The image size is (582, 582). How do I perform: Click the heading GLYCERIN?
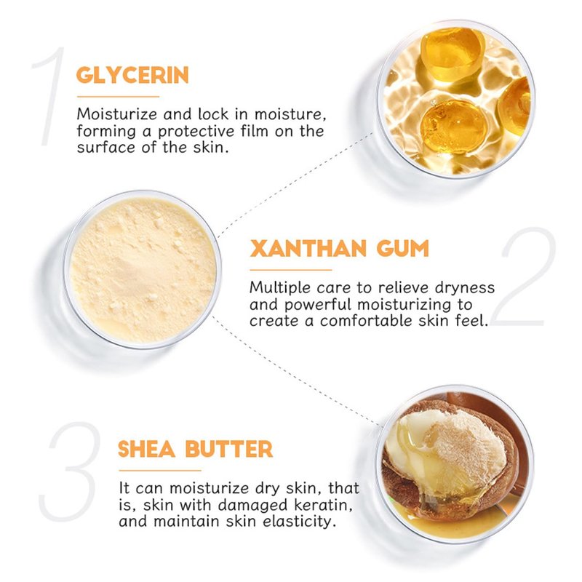(132, 75)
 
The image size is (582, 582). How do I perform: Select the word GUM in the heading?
(403, 248)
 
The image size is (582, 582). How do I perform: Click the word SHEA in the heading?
(147, 449)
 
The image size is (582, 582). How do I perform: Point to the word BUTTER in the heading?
(229, 449)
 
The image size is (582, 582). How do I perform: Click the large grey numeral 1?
(49, 96)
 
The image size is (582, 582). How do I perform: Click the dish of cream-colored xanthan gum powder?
(143, 269)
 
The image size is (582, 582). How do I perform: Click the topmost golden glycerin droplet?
(452, 54)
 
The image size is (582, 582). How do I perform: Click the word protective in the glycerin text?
(196, 132)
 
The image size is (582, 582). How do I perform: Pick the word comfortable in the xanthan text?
(367, 321)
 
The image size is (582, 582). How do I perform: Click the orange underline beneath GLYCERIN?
(118, 97)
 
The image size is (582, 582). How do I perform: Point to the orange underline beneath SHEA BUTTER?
(160, 470)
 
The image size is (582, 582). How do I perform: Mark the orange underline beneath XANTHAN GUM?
(290, 270)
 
